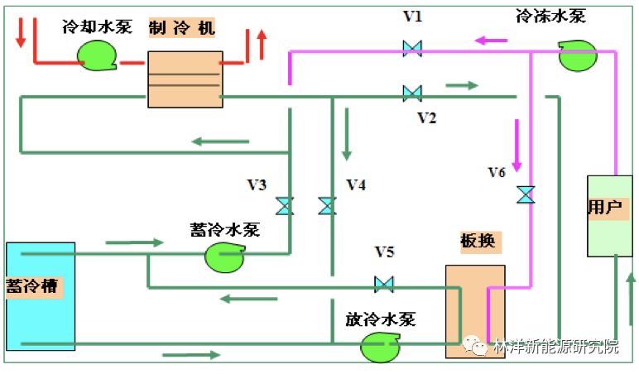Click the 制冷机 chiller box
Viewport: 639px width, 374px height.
(185, 79)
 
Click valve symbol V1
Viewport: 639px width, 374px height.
(411, 48)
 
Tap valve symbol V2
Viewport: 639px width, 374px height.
(411, 93)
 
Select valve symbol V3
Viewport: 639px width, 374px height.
(285, 205)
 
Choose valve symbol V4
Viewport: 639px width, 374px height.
(327, 205)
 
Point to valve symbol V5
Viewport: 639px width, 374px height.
(383, 285)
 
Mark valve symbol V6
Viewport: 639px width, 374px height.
(525, 194)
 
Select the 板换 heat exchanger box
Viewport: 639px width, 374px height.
(474, 311)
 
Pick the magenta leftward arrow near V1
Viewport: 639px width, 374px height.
(491, 39)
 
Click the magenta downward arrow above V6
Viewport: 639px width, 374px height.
(517, 145)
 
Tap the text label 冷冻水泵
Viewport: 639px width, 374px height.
(549, 15)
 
